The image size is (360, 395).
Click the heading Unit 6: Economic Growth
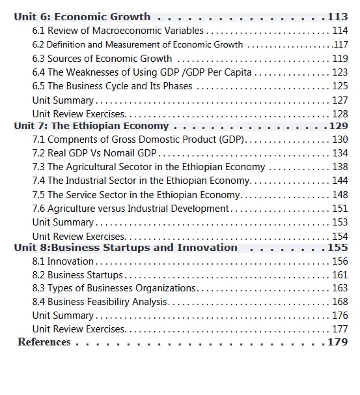[x=82, y=17]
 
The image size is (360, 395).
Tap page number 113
[x=338, y=17]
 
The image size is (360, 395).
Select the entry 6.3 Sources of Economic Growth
[x=102, y=59]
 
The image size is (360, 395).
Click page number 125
[x=340, y=86]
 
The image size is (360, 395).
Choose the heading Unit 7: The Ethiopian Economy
[x=91, y=126]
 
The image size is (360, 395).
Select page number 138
[x=340, y=167]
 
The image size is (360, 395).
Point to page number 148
[x=340, y=195]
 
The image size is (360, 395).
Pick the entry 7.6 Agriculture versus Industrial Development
[x=130, y=209]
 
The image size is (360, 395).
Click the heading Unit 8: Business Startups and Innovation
[x=126, y=248]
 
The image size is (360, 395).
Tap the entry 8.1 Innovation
[x=63, y=261]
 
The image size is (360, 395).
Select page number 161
[x=340, y=275]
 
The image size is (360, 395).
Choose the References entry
[x=44, y=342]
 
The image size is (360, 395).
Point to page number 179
[x=338, y=342]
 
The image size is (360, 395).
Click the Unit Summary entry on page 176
[x=63, y=315]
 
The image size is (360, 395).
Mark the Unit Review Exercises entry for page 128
[x=78, y=114]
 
